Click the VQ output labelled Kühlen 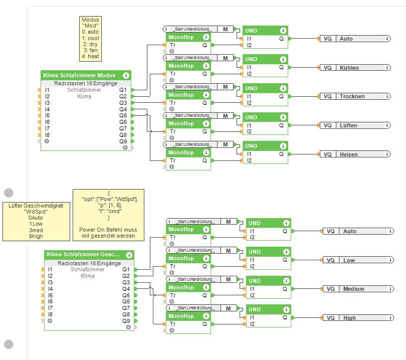pyautogui.click(x=349, y=68)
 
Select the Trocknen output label pyautogui.click(x=351, y=96)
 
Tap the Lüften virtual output pyautogui.click(x=348, y=125)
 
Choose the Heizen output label pyautogui.click(x=348, y=154)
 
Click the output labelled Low pyautogui.click(x=349, y=260)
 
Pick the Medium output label pyautogui.click(x=353, y=289)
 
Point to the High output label pyautogui.click(x=349, y=318)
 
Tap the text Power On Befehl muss pyautogui.click(x=108, y=229)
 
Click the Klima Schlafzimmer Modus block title pyautogui.click(x=79, y=75)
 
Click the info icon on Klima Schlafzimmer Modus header pyautogui.click(x=126, y=75)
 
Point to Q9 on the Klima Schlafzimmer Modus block pyautogui.click(x=123, y=141)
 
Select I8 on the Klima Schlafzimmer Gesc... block pyautogui.click(x=50, y=314)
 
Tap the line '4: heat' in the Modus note pyautogui.click(x=91, y=57)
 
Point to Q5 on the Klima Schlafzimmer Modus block pyautogui.click(x=123, y=115)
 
